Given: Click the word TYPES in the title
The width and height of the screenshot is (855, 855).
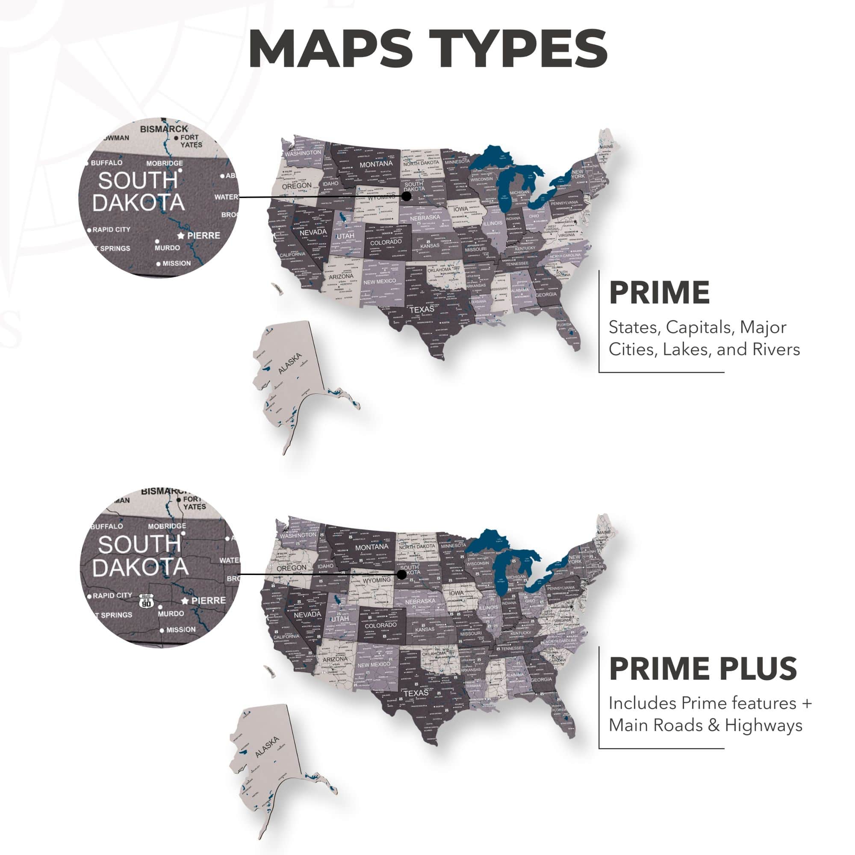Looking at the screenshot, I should pos(518,49).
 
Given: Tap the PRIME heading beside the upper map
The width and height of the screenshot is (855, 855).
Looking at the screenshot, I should pos(659,293).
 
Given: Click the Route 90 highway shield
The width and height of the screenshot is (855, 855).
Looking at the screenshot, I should pos(146,601).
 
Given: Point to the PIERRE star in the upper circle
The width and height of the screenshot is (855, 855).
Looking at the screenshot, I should pos(180,235).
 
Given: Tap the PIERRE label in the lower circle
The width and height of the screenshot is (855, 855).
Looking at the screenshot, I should pos(209,601).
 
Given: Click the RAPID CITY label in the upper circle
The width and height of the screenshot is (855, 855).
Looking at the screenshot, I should pos(111,230).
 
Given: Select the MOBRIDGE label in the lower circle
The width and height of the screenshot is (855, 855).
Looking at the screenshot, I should pos(167,526).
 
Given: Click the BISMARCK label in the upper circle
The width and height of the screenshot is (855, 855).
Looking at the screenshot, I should pos(164,129).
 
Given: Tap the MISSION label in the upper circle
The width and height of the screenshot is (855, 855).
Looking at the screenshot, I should pos(177,263).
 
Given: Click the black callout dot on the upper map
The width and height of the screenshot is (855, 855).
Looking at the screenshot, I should pos(406,196).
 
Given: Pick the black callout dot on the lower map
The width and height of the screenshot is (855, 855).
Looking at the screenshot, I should pos(401,575).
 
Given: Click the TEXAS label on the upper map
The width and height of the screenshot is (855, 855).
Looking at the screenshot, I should pos(422,310).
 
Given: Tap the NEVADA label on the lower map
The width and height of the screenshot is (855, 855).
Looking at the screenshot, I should pos(307,615).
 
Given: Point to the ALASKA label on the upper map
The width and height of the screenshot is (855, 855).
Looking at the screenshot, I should pos(290,363).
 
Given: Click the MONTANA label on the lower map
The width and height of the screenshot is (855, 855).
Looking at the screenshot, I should pos(371,547).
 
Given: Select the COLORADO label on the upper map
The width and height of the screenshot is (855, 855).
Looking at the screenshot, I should pos(386,242).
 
